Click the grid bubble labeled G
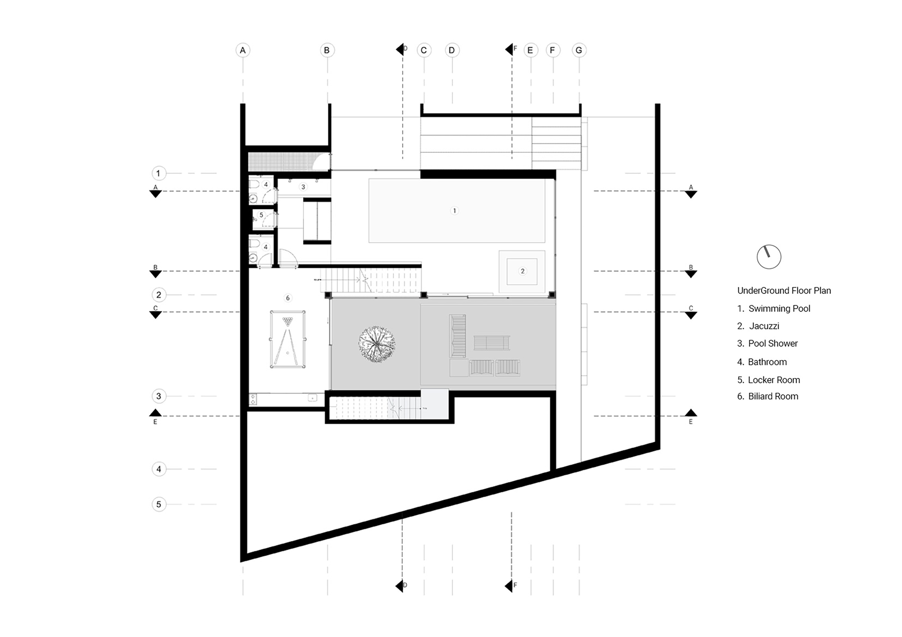pyautogui.click(x=579, y=50)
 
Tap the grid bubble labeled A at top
pyautogui.click(x=243, y=50)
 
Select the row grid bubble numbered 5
pyautogui.click(x=158, y=504)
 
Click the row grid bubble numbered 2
pyautogui.click(x=158, y=295)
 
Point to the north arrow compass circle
pyautogui.click(x=769, y=257)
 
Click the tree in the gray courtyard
pyautogui.click(x=377, y=344)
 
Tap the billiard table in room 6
pyautogui.click(x=287, y=339)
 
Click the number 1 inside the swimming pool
pyautogui.click(x=454, y=210)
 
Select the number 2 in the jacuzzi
pyautogui.click(x=522, y=271)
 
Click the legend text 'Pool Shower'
pyautogui.click(x=773, y=343)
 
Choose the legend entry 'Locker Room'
pyautogui.click(x=773, y=380)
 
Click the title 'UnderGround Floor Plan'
pyautogui.click(x=784, y=291)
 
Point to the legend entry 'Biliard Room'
pyautogui.click(x=773, y=396)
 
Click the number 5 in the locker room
pyautogui.click(x=261, y=215)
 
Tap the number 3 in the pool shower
pyautogui.click(x=303, y=187)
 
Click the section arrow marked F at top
pyautogui.click(x=510, y=49)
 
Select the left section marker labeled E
pyautogui.click(x=155, y=414)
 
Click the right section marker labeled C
pyautogui.click(x=690, y=314)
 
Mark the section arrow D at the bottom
pyautogui.click(x=400, y=586)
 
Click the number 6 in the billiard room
pyautogui.click(x=288, y=298)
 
